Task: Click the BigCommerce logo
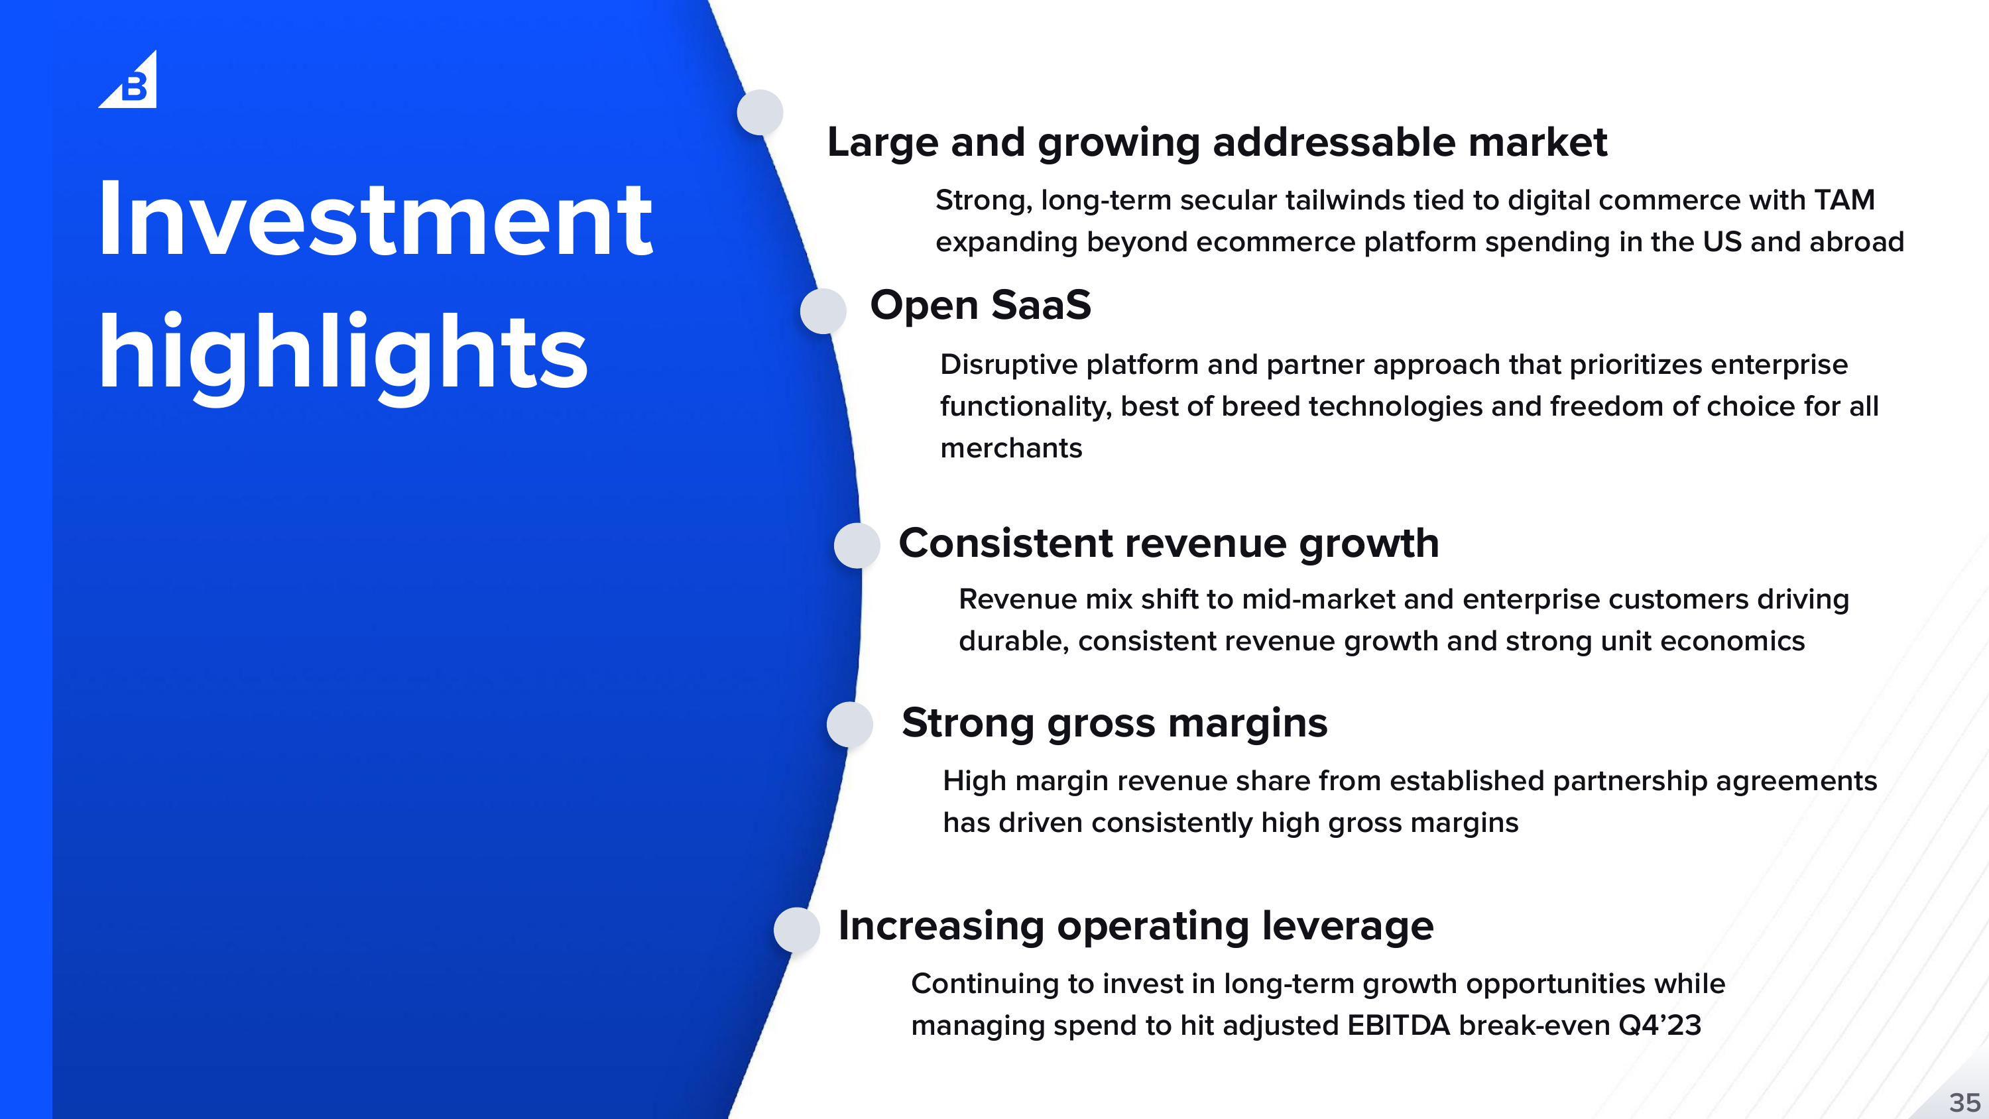pyautogui.click(x=128, y=80)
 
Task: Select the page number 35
pyautogui.click(x=1965, y=1101)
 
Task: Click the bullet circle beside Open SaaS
pyautogui.click(x=823, y=311)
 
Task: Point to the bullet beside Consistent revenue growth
pyautogui.click(x=857, y=545)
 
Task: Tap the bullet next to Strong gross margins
pyautogui.click(x=850, y=725)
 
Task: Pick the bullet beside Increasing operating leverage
pyautogui.click(x=797, y=930)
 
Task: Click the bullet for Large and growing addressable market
pyautogui.click(x=760, y=113)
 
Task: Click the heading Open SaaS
pyautogui.click(x=981, y=304)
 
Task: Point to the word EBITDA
pyautogui.click(x=1398, y=1026)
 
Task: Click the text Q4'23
pyautogui.click(x=1659, y=1026)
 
